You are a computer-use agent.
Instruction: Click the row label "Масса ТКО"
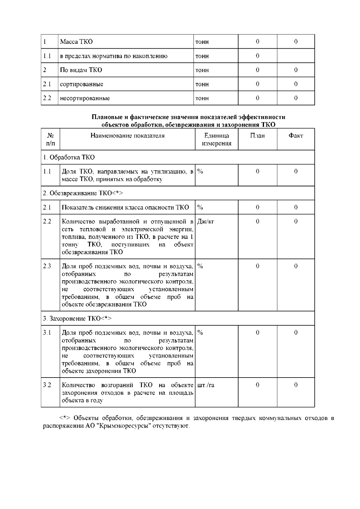click(x=76, y=42)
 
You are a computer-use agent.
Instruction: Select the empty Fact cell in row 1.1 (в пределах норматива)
click(x=295, y=56)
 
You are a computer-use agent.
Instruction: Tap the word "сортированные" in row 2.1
click(x=82, y=84)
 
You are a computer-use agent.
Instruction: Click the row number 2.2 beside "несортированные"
click(x=47, y=98)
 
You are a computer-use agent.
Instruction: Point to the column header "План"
click(x=257, y=136)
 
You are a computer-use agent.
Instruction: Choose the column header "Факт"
click(x=295, y=136)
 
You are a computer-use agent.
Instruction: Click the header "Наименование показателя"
click(x=127, y=136)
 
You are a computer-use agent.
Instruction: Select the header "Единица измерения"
click(x=217, y=139)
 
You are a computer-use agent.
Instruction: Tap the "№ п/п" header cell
click(x=50, y=139)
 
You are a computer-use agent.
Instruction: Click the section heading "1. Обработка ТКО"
click(x=69, y=157)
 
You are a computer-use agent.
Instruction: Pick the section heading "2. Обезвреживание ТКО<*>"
click(x=83, y=193)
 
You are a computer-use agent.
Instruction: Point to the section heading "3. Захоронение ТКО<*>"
click(x=77, y=318)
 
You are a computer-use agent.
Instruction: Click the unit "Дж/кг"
click(x=205, y=221)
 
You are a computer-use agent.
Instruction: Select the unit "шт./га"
click(x=206, y=385)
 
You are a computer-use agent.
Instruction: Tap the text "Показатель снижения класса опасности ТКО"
click(x=125, y=207)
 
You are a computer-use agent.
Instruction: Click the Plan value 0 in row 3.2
click(x=257, y=385)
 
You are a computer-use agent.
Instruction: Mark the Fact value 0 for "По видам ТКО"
click(x=295, y=70)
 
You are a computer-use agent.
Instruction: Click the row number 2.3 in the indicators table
click(x=47, y=266)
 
